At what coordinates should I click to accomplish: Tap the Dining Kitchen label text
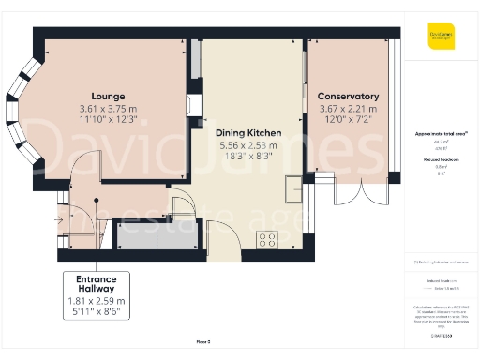pyautogui.click(x=243, y=133)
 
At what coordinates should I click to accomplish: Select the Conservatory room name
pyautogui.click(x=348, y=97)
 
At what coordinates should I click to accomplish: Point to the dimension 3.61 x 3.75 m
pyautogui.click(x=109, y=109)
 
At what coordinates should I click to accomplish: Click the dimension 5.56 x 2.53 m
pyautogui.click(x=243, y=146)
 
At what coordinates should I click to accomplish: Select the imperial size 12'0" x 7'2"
pyautogui.click(x=348, y=121)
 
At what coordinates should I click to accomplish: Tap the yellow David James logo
pyautogui.click(x=442, y=40)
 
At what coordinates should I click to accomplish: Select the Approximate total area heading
pyautogui.click(x=442, y=135)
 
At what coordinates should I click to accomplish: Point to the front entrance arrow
pyautogui.click(x=60, y=220)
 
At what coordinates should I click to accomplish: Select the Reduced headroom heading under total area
pyautogui.click(x=442, y=160)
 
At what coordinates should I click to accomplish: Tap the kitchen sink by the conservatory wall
pyautogui.click(x=293, y=188)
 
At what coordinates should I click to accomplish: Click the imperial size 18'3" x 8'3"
pyautogui.click(x=243, y=158)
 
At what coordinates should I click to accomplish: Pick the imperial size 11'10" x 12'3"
pyautogui.click(x=109, y=121)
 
